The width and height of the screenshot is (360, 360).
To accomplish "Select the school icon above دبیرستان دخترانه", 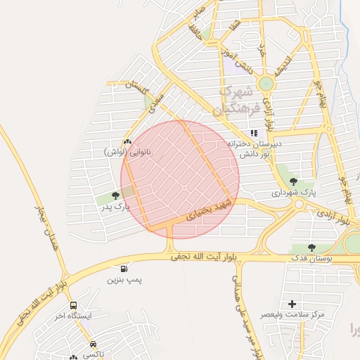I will coord(253,132).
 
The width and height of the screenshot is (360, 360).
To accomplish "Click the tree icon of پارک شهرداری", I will coord(304,181).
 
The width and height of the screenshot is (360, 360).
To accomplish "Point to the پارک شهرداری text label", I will coord(295,192).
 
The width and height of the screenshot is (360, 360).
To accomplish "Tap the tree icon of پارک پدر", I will coord(115,195).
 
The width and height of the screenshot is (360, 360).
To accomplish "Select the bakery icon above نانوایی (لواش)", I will coord(127,141).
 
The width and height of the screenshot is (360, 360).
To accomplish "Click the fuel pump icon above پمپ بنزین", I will coord(124,269).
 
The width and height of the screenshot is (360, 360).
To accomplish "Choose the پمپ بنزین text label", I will coord(124,280).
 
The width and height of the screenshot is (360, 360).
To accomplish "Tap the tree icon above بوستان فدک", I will coord(311,247).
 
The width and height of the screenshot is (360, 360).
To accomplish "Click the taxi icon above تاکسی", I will coord(94,344).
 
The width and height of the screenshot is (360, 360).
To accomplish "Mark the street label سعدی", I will coord(157,101).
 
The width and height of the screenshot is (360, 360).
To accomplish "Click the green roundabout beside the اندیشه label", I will coord(265,83).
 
